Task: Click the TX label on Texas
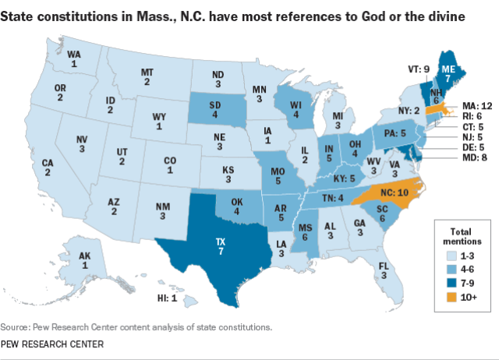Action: [x=221, y=242]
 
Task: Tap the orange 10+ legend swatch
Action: [x=451, y=297]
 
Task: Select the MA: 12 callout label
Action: [x=477, y=106]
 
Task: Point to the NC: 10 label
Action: [x=395, y=192]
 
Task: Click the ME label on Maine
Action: [x=448, y=69]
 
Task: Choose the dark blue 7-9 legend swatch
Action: [x=451, y=283]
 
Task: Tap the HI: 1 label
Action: [x=167, y=298]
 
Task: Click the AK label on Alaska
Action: [x=85, y=256]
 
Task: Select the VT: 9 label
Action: [x=419, y=69]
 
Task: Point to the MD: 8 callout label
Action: [x=475, y=157]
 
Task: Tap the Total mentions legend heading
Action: [x=462, y=236]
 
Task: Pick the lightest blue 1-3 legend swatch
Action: [x=451, y=256]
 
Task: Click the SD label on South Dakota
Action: [x=215, y=105]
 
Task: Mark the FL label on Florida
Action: [x=384, y=266]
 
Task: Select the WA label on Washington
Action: [x=74, y=55]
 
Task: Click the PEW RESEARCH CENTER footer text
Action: [x=52, y=344]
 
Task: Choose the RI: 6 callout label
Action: [x=472, y=116]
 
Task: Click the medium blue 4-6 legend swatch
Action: [x=451, y=270]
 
